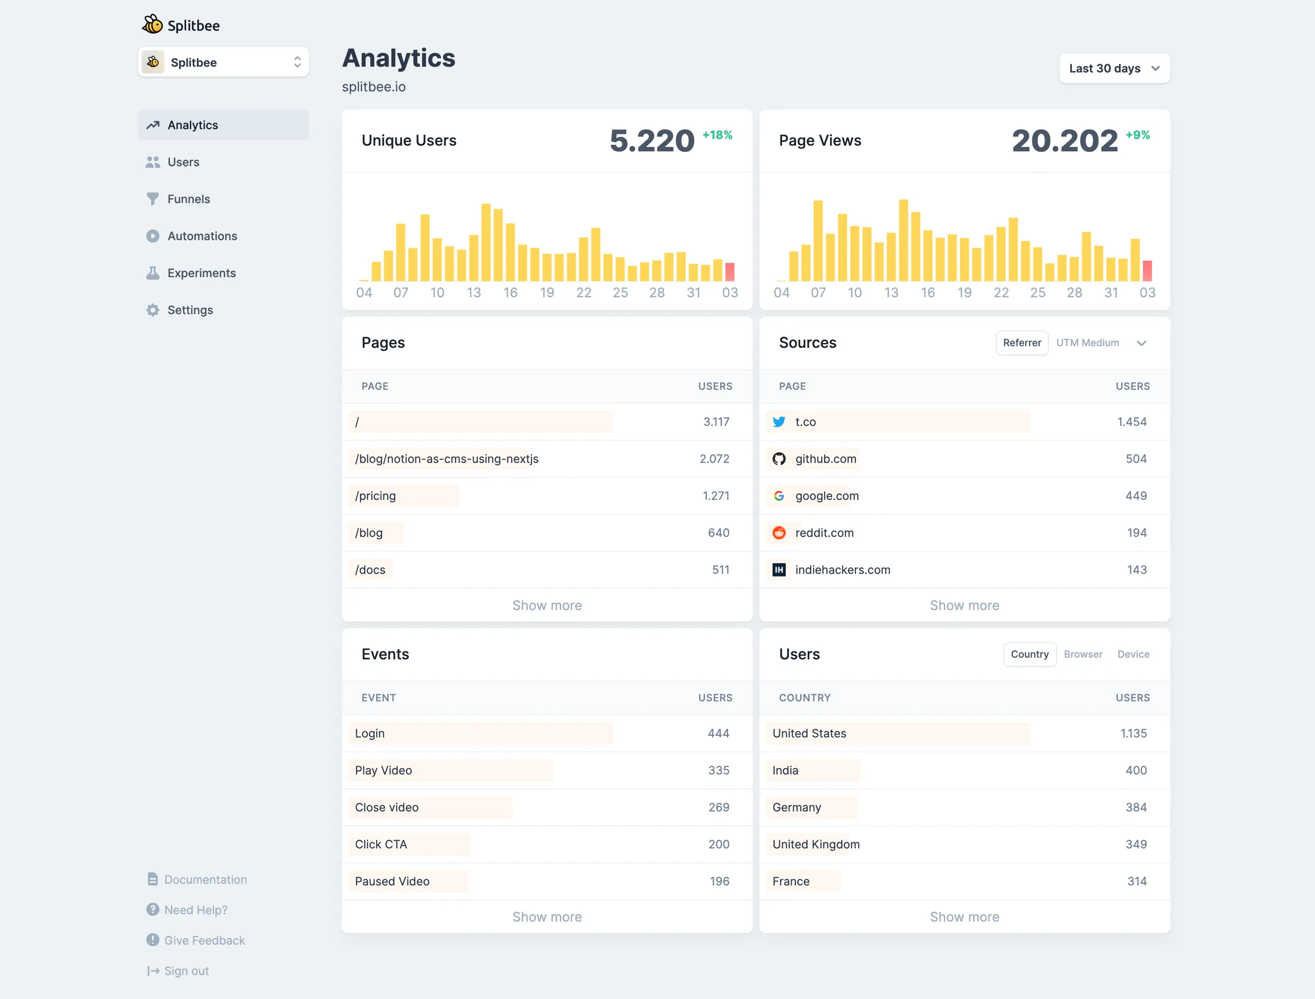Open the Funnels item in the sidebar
tap(188, 199)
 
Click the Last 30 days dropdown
tap(1114, 68)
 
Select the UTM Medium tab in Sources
tap(1087, 343)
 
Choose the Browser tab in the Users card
tap(1083, 654)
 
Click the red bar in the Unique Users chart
tap(729, 272)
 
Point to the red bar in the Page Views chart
tap(1147, 271)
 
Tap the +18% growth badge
tap(717, 135)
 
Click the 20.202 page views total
tap(1064, 141)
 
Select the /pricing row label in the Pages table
tap(375, 496)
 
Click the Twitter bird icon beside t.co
tap(779, 422)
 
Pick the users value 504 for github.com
tap(1135, 459)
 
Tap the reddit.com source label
tap(824, 533)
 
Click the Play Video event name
tap(384, 770)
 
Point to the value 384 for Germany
tap(1135, 808)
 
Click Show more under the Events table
tap(547, 917)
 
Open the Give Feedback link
tap(204, 940)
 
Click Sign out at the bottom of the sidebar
tap(186, 971)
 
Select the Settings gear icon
tap(153, 310)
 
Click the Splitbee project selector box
tap(223, 62)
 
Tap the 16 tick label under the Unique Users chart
tap(510, 293)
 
